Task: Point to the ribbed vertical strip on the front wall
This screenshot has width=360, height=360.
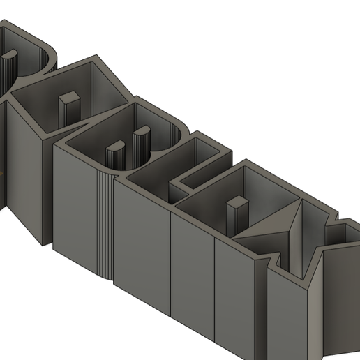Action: coord(103,223)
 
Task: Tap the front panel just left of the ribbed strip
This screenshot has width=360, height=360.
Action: coord(73,209)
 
